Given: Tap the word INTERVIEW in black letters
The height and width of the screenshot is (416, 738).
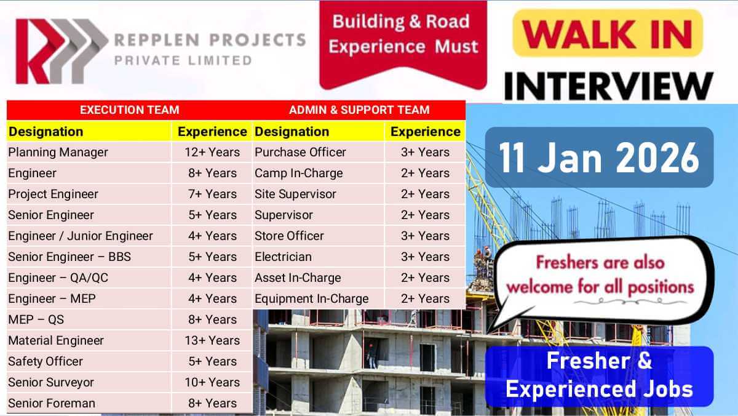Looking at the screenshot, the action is [x=609, y=86].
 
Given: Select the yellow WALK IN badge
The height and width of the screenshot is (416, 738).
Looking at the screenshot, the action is [x=608, y=33].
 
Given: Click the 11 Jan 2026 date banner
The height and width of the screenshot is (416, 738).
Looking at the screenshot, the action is [x=599, y=158].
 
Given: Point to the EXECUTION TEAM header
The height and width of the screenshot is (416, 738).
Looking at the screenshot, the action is [x=130, y=110].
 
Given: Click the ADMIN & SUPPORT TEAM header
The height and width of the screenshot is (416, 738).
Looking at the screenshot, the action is [x=359, y=110].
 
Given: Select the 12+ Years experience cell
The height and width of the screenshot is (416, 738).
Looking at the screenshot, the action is [x=212, y=152].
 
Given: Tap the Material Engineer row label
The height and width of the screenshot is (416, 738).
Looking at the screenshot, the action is [x=56, y=340].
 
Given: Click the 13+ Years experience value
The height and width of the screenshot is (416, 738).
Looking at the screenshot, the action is [x=212, y=340].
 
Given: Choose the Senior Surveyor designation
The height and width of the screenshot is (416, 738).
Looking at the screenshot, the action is [x=51, y=382].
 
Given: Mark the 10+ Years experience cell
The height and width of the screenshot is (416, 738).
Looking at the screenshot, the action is [x=212, y=382].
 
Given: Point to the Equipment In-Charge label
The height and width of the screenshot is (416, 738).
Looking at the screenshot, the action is [x=311, y=298].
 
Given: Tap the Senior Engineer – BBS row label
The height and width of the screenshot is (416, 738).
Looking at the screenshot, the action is [x=69, y=257].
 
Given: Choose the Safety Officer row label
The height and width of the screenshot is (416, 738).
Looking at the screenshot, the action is [x=46, y=362].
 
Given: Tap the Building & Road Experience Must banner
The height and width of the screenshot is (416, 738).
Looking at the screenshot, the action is [x=403, y=34].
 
